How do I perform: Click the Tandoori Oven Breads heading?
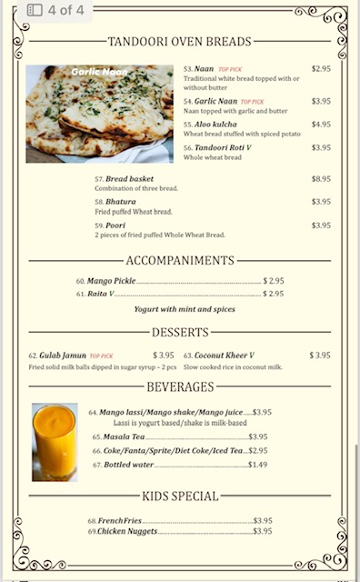(x=180, y=42)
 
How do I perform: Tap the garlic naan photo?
(x=99, y=114)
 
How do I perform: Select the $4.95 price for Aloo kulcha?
(x=321, y=124)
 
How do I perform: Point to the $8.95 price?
(x=321, y=179)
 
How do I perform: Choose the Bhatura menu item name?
(x=120, y=202)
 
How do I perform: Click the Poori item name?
(x=115, y=225)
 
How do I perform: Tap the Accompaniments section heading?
(x=180, y=261)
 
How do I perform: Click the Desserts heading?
(x=180, y=333)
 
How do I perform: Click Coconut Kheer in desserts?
(x=222, y=356)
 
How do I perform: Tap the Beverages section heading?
(x=180, y=387)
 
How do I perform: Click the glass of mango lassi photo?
(x=55, y=442)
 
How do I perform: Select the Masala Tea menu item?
(x=125, y=437)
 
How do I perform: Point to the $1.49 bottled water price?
(x=257, y=465)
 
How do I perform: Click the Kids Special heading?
(x=180, y=497)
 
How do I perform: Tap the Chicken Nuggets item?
(x=128, y=531)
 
